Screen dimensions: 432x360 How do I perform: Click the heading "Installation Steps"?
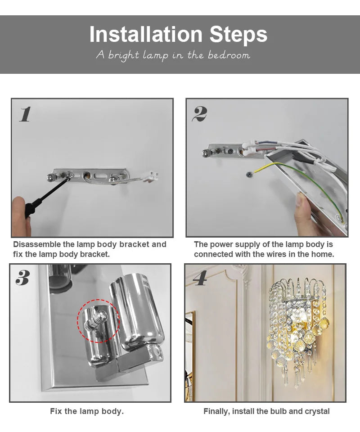pyautogui.click(x=178, y=35)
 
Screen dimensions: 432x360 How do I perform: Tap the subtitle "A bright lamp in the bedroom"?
pyautogui.click(x=173, y=55)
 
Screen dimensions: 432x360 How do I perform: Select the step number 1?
pyautogui.click(x=25, y=114)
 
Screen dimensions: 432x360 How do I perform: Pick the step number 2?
pyautogui.click(x=199, y=114)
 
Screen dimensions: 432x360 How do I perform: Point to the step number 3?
pyautogui.click(x=22, y=278)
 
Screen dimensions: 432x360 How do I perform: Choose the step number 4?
pyautogui.click(x=200, y=279)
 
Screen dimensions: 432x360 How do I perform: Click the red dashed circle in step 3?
pyautogui.click(x=98, y=320)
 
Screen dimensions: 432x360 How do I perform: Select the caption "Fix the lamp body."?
pyautogui.click(x=87, y=411)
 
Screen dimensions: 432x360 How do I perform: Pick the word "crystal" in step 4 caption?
pyautogui.click(x=316, y=411)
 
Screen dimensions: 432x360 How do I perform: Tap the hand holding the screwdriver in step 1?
pyautogui.click(x=20, y=216)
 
